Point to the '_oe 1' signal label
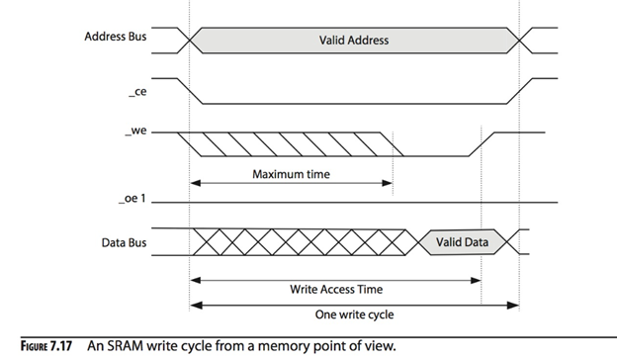(x=132, y=202)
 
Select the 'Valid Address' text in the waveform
(x=353, y=40)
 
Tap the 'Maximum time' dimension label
(x=290, y=174)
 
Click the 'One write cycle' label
(x=354, y=315)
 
